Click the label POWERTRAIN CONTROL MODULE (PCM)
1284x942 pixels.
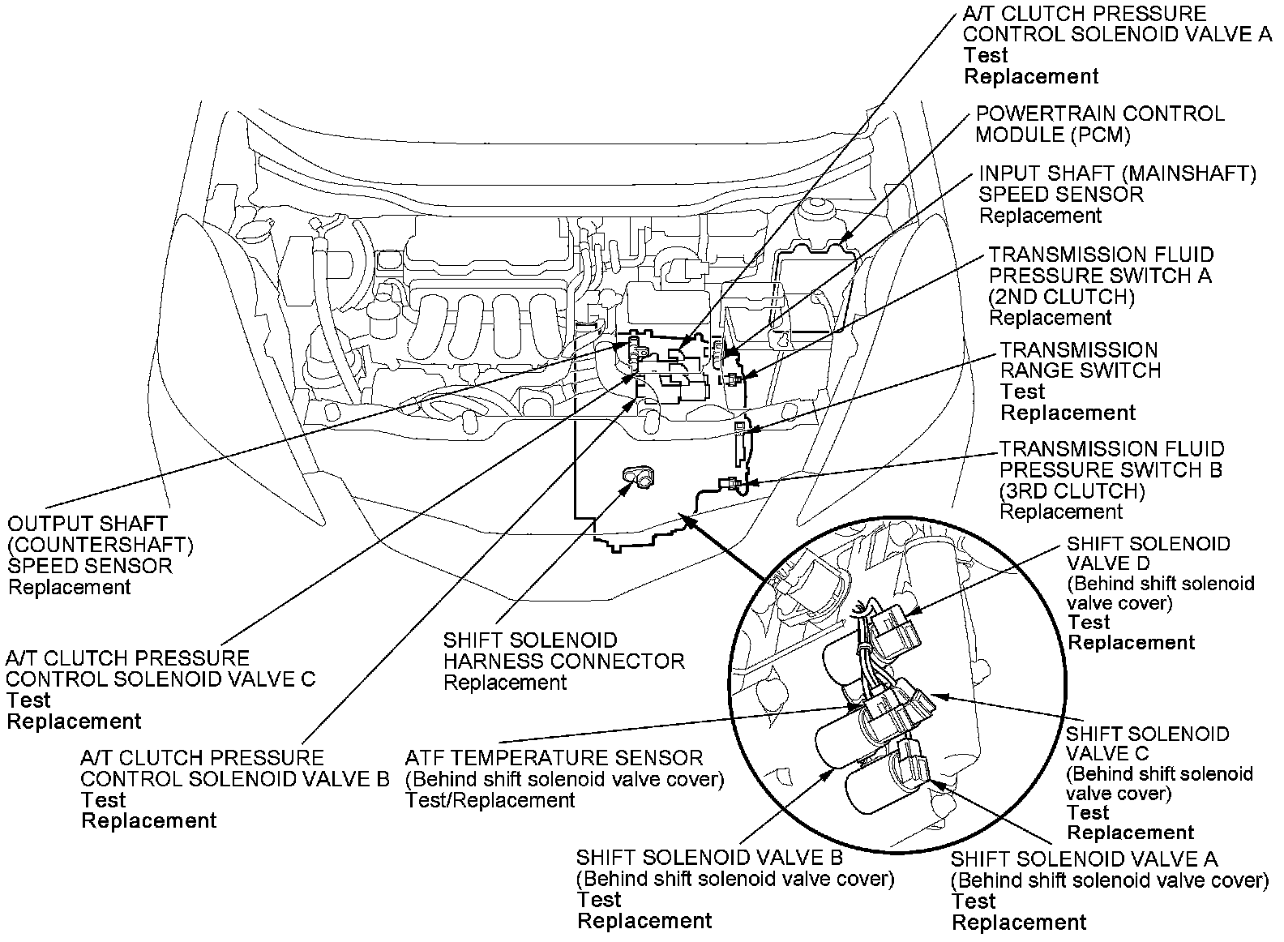point(1099,124)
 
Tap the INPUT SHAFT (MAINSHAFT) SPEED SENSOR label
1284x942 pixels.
point(1117,184)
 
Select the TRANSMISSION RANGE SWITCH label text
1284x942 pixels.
point(1079,361)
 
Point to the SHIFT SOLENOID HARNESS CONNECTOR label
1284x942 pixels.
point(563,651)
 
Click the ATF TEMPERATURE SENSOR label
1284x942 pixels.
point(554,758)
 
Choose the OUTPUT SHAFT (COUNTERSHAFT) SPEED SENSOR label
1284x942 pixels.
point(89,545)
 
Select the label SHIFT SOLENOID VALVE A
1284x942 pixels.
point(1084,859)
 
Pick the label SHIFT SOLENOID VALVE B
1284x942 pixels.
point(709,858)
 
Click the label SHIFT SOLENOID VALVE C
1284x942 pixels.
point(1147,744)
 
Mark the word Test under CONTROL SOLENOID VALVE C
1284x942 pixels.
point(28,700)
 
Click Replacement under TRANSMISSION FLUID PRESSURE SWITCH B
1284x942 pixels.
point(1061,512)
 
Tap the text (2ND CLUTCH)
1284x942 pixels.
point(1062,297)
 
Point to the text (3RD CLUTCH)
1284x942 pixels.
point(1072,491)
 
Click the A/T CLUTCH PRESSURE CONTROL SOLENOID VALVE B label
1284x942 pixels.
point(235,769)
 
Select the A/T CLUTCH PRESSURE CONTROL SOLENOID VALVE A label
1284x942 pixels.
point(1117,24)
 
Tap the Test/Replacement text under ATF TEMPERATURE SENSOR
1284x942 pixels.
point(490,800)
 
